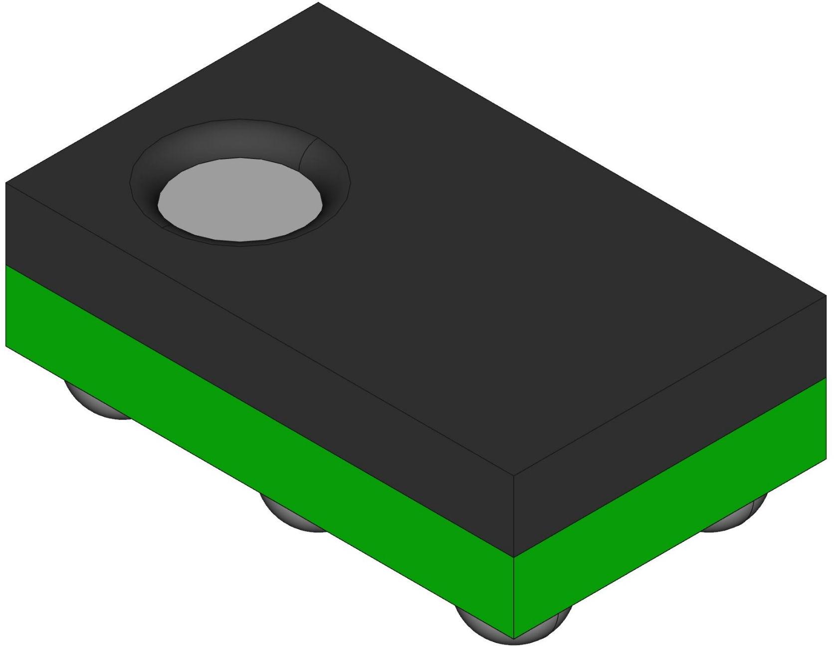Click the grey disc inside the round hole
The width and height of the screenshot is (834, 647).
coord(240,199)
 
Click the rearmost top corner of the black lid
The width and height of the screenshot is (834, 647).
coord(318,2)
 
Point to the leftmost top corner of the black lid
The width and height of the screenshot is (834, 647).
coord(6,183)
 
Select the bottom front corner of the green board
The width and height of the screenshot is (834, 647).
coord(514,638)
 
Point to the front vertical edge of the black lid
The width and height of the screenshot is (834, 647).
coord(514,516)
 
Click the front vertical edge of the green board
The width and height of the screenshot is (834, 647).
coord(514,598)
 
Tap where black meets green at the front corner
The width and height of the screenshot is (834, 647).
coord(514,557)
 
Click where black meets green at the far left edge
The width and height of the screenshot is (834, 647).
coord(6,265)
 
